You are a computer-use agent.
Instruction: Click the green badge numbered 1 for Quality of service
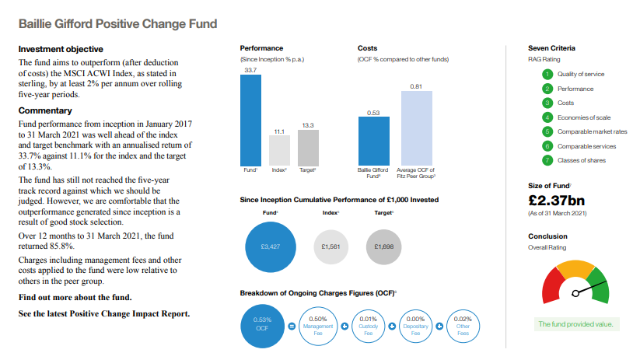click(x=547, y=74)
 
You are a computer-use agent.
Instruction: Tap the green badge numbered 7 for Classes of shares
click(x=547, y=160)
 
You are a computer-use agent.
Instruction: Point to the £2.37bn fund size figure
click(x=555, y=201)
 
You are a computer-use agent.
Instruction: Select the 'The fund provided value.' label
click(x=575, y=323)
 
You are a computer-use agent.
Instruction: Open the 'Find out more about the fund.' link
click(x=75, y=297)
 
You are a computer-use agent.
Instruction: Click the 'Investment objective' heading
click(x=56, y=49)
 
